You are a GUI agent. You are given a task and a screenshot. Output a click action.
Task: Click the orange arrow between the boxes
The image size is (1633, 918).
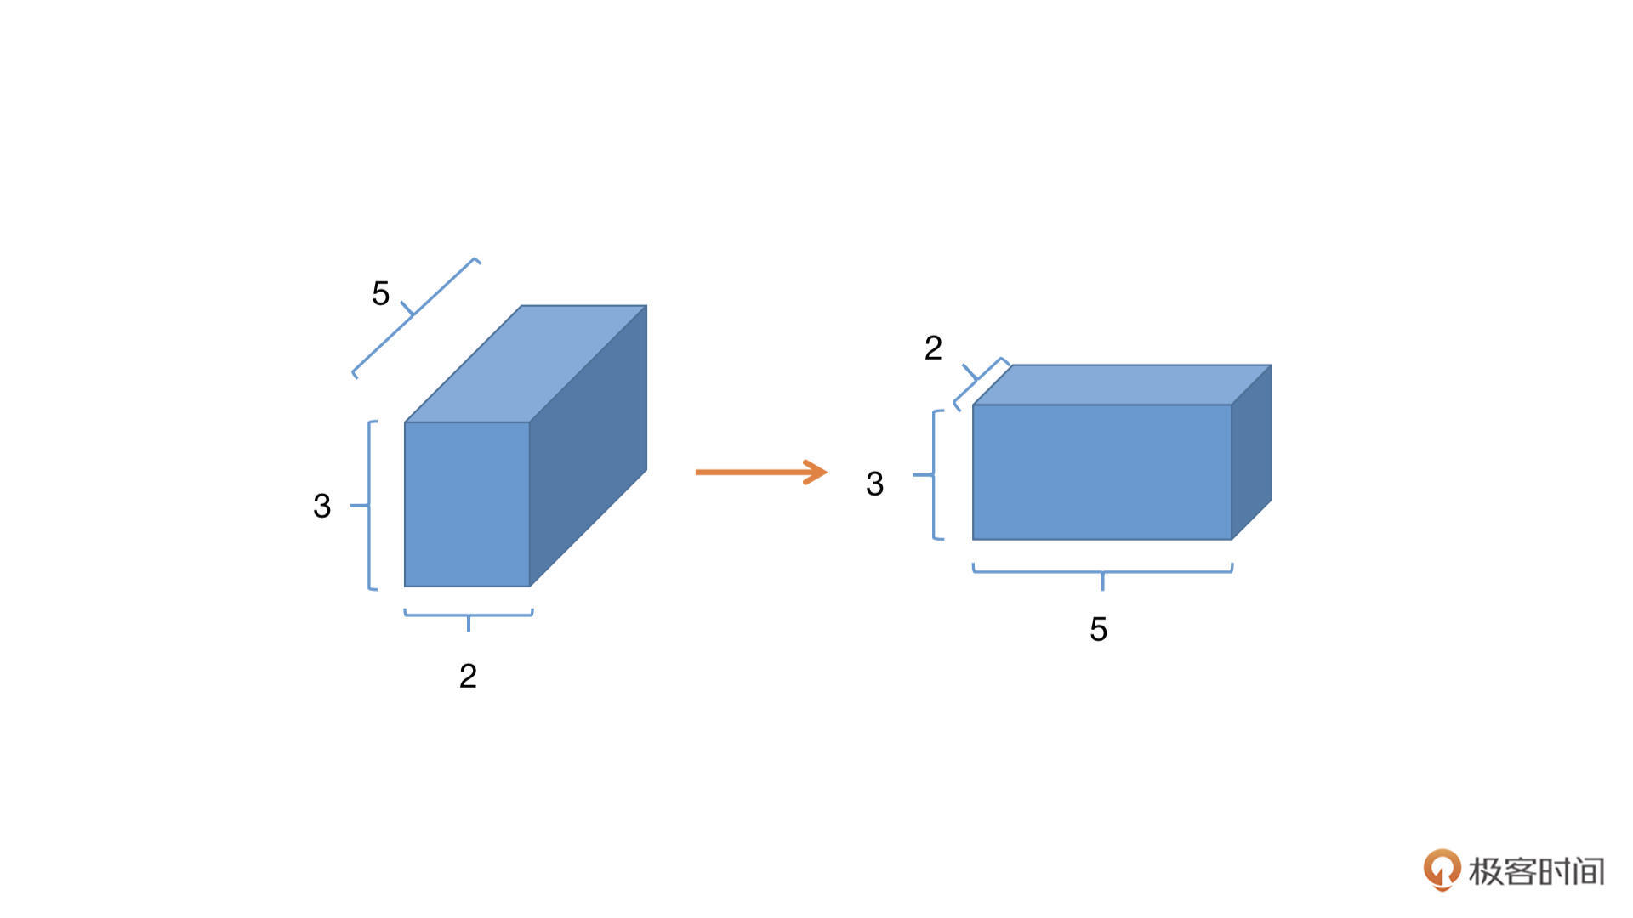click(x=761, y=472)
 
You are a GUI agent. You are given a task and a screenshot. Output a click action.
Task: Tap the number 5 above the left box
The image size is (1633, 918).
click(x=380, y=294)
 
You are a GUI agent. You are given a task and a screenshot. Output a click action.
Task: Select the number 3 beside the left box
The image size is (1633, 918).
click(x=321, y=506)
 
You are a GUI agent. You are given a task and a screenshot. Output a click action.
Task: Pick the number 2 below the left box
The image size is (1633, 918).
click(x=468, y=676)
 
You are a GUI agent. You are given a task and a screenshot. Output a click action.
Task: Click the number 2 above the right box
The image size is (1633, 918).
click(x=933, y=348)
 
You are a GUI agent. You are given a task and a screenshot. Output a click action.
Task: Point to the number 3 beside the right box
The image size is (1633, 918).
click(x=874, y=484)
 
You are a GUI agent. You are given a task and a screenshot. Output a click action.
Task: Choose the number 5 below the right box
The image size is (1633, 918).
click(x=1098, y=629)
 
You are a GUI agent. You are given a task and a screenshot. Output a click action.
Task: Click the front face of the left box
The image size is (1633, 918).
click(x=467, y=504)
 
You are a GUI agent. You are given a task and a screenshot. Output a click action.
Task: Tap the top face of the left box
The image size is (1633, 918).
click(x=526, y=364)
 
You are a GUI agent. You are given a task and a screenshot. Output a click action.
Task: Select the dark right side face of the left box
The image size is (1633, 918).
click(x=588, y=445)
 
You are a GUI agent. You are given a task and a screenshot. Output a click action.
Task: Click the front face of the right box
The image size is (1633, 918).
click(x=1101, y=472)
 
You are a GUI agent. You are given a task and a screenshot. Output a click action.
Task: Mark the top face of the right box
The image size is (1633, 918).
click(x=1122, y=385)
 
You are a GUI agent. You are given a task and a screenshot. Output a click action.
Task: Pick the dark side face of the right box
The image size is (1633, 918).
click(x=1251, y=452)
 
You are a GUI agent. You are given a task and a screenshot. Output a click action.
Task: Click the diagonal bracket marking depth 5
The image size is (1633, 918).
click(x=414, y=316)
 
